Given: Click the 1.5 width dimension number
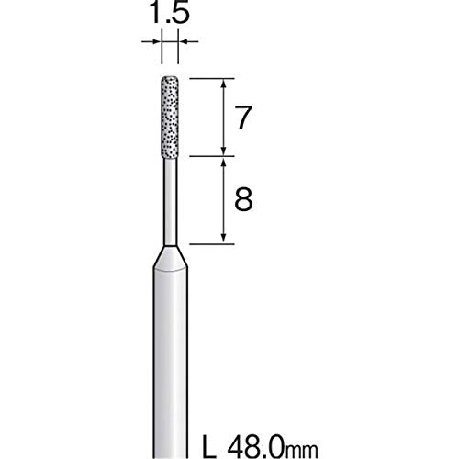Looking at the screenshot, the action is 170,12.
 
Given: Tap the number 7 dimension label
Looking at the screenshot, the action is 242,118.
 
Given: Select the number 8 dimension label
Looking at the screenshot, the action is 243,199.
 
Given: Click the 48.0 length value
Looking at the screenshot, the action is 256,447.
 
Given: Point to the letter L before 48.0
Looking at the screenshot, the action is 210,447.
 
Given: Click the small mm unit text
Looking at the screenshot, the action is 302,451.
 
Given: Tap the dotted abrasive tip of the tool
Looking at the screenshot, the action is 170,118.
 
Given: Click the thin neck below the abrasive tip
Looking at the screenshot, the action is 171,202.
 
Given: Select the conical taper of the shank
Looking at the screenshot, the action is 171,259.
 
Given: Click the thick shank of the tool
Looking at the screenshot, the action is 171,364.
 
